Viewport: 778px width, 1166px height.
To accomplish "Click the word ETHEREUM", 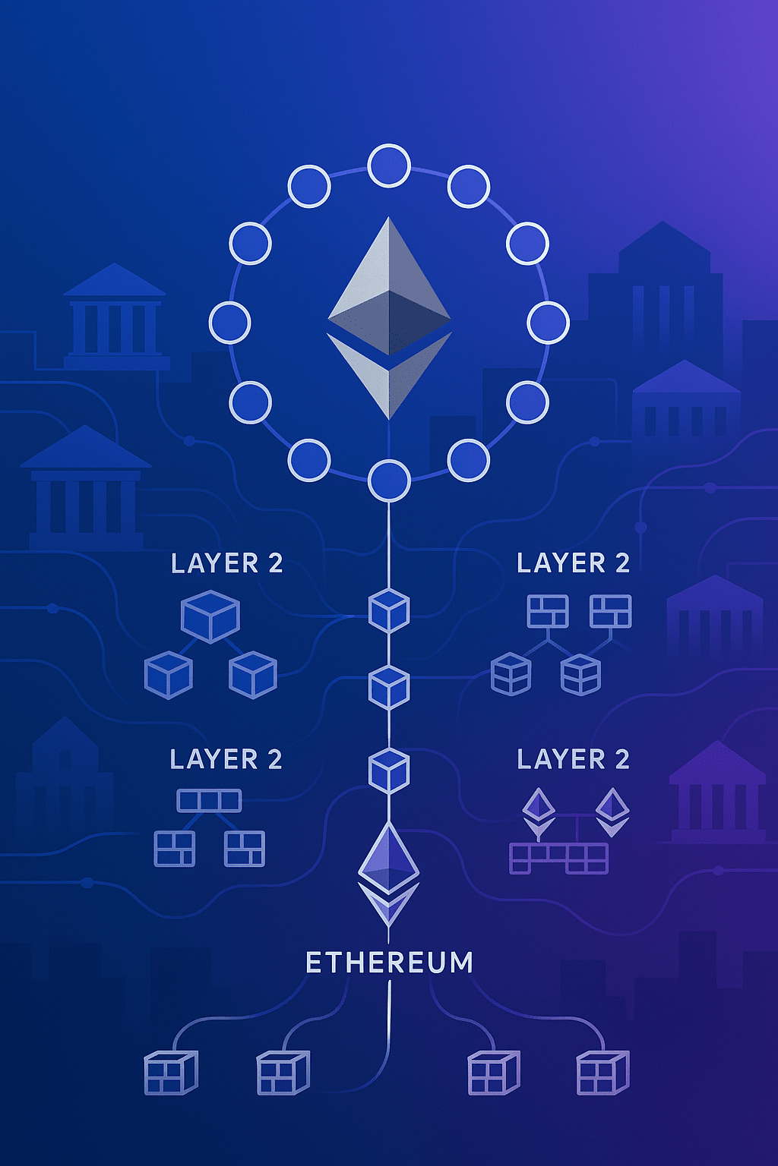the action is [389, 963].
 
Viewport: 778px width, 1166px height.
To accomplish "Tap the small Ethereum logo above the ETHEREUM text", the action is [389, 873].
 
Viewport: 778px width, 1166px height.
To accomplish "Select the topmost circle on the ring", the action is [389, 165].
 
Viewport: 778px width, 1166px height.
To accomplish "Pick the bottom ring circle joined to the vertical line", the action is [389, 480].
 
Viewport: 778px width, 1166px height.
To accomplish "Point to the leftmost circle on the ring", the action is [229, 322].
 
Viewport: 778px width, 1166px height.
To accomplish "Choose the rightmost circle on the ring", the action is [548, 322].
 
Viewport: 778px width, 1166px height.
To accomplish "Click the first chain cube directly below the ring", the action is [389, 610].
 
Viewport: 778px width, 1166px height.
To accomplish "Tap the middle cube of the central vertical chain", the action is [389, 687].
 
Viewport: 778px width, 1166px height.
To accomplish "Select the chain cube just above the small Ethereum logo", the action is [389, 771].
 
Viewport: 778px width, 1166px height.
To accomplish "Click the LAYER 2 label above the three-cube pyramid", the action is [226, 563].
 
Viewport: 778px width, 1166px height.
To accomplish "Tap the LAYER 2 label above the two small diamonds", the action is [573, 759].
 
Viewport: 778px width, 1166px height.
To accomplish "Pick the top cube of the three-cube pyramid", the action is [210, 616].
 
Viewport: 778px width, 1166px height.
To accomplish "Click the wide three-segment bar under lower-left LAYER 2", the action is [209, 801].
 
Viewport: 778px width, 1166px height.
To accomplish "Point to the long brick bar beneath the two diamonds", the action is [558, 859].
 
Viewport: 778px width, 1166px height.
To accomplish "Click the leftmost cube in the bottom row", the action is [170, 1073].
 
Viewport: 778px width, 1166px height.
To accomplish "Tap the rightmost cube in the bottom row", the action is [602, 1073].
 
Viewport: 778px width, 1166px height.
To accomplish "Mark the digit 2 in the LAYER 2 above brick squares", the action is [622, 563].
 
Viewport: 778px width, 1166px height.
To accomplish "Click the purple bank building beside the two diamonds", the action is [717, 793].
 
